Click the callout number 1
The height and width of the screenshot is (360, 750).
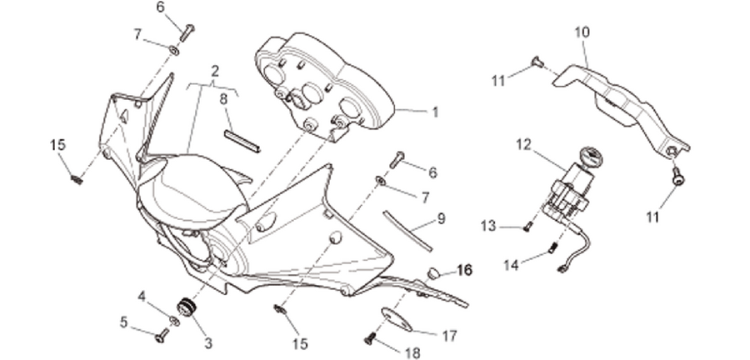tap(435, 112)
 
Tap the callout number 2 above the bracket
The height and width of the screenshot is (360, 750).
tap(215, 72)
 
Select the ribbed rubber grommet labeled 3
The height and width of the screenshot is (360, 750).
tap(187, 307)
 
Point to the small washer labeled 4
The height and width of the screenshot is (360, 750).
tap(175, 321)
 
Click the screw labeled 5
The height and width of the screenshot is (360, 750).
tap(162, 335)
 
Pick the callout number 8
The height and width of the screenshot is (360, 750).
tap(224, 99)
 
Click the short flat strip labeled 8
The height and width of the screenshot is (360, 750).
tap(242, 142)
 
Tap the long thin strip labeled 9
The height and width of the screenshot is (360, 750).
tap(407, 231)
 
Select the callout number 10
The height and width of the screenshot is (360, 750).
tap(582, 32)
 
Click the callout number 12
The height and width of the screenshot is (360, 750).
tap(524, 144)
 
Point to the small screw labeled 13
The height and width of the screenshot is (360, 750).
tap(527, 227)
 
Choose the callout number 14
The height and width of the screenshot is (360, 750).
tap(512, 264)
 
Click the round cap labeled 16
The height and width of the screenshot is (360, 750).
tap(433, 273)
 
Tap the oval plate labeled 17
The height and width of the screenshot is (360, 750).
tap(396, 319)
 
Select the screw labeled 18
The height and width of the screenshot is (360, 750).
tap(369, 338)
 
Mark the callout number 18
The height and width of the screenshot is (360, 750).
tap(412, 353)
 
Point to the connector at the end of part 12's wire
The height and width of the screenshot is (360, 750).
tap(562, 270)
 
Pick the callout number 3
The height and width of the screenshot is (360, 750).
tap(208, 342)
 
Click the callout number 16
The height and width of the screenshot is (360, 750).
tap(464, 271)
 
